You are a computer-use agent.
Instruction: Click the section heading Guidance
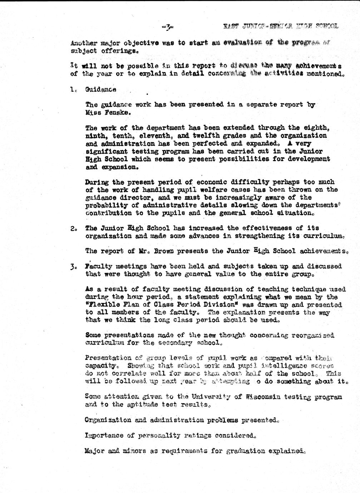(x=100, y=90)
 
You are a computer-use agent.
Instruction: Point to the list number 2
(x=73, y=228)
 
